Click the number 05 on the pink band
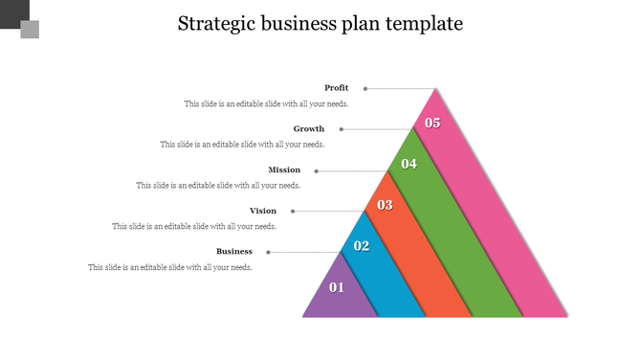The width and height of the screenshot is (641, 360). [x=432, y=123]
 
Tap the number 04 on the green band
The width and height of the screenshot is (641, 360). [x=409, y=164]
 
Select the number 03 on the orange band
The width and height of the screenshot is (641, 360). [x=385, y=205]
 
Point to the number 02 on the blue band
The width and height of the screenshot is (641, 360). [x=361, y=246]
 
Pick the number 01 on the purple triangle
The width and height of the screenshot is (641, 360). [x=337, y=287]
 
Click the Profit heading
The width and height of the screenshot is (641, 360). [x=336, y=88]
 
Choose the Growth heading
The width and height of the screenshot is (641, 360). [x=309, y=128]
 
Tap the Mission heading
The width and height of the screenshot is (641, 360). [x=284, y=169]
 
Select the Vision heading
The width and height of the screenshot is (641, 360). [x=263, y=211]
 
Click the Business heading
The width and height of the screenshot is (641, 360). [x=234, y=251]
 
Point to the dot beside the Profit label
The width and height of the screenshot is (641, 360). [x=365, y=88]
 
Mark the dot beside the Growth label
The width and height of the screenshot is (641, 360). [x=342, y=129]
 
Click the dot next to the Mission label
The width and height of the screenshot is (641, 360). [x=317, y=170]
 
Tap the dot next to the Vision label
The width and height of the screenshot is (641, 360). [x=293, y=211]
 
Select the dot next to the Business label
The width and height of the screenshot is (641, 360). [x=268, y=252]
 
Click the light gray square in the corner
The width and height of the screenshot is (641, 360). [x=30, y=30]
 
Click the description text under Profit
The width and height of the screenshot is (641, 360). [x=266, y=103]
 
